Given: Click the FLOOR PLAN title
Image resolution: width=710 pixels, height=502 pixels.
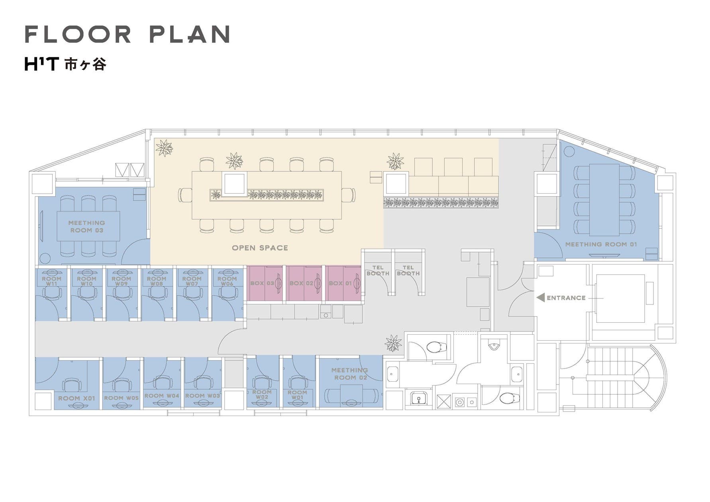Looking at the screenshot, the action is coord(127,34).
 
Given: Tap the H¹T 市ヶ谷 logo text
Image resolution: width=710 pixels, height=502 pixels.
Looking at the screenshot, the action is coord(66,64).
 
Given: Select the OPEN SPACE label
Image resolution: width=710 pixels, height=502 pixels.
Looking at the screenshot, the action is coord(260,248).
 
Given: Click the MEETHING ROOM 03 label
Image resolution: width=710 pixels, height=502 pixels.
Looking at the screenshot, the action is coord(87,226).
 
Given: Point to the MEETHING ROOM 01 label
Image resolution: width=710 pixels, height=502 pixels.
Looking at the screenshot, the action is coord(601,244).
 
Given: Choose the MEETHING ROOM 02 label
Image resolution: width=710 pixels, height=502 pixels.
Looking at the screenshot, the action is coord(349,374).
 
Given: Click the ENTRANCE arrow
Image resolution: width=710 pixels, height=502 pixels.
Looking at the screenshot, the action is coord(541,298).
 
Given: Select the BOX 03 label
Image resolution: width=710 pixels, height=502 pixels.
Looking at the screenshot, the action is coord(262,283).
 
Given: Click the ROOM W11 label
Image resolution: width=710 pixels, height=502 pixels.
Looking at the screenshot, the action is coord(52,281).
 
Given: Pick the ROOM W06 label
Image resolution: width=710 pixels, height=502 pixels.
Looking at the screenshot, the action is coord(227,281).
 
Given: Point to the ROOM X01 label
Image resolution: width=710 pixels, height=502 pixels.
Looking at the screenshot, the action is coord(76,398).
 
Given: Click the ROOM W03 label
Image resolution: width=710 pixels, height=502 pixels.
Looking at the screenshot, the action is coord(203,396).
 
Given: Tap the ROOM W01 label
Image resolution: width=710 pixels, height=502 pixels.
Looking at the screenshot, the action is coord(297,394).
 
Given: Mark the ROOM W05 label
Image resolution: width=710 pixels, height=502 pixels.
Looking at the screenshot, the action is coord(122,398).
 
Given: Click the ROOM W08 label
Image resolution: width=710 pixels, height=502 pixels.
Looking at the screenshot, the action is coord(157,281).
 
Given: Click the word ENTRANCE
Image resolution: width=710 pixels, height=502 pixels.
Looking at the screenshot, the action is coord(566,298).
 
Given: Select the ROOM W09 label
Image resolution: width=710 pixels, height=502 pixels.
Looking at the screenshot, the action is coord(122,281).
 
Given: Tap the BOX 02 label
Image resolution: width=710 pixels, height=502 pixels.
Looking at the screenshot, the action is coord(301,283).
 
